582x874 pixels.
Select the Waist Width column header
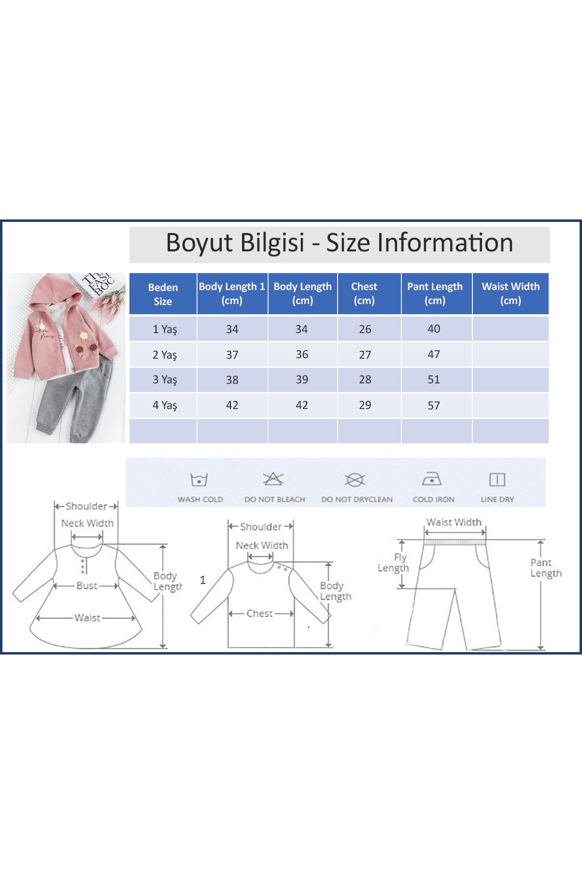click(510, 293)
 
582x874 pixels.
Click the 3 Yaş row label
click(165, 380)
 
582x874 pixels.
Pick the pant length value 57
click(434, 405)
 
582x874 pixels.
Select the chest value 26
click(365, 329)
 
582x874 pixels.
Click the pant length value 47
click(434, 354)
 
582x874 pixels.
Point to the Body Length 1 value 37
click(232, 355)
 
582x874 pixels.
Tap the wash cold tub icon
click(199, 480)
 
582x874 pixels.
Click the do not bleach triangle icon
click(273, 479)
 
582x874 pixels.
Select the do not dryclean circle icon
click(355, 480)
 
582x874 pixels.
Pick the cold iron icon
click(431, 479)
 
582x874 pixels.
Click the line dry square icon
click(497, 480)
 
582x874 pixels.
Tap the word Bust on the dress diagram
click(87, 586)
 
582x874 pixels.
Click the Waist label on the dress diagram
click(87, 618)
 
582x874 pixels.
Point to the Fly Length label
click(394, 563)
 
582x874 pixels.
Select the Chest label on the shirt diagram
click(259, 613)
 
